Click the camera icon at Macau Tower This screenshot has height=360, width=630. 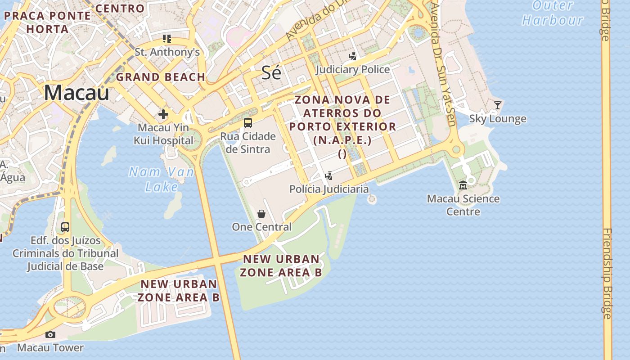(50, 334)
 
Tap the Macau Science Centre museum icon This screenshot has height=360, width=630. (463, 185)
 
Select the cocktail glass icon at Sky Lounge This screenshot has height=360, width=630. (497, 105)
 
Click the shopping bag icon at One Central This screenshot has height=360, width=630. (261, 214)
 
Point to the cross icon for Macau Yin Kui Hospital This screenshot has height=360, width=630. (163, 114)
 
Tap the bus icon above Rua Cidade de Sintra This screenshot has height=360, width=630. (247, 122)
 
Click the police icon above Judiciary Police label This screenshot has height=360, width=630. (353, 56)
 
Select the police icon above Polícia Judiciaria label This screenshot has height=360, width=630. (329, 176)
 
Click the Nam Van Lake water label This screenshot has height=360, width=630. (162, 179)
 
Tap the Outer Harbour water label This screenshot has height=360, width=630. (553, 13)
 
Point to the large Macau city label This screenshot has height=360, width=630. (76, 93)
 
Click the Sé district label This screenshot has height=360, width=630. (271, 73)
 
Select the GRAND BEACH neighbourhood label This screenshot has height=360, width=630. (161, 77)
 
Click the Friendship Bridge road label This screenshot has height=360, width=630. (607, 274)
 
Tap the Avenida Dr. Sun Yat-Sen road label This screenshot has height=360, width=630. (443, 63)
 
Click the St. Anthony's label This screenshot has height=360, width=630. (167, 52)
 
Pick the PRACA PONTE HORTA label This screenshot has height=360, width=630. (47, 22)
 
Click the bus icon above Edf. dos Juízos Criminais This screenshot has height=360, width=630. (65, 227)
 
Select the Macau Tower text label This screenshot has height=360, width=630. (50, 347)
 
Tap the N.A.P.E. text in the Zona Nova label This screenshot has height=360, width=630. (342, 140)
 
